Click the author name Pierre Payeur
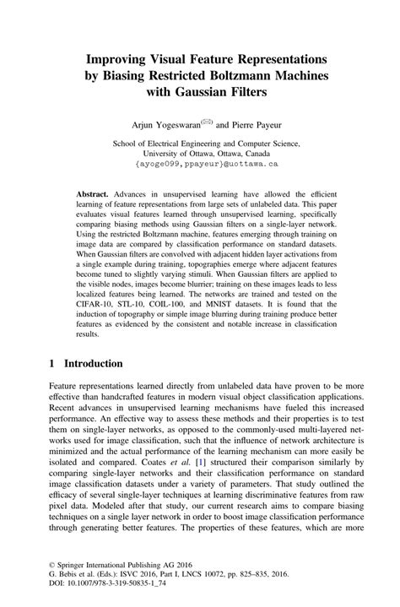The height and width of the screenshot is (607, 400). coord(252,123)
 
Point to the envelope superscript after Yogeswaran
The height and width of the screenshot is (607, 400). coord(207,120)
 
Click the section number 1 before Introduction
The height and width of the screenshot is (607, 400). coord(51,364)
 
